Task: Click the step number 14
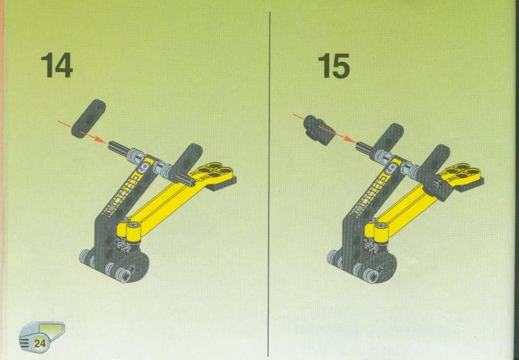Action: coord(57,66)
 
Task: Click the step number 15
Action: coord(334,66)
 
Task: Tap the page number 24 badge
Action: coord(40,343)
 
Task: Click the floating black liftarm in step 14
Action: coord(89,118)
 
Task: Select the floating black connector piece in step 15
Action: coord(319,130)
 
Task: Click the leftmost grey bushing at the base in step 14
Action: coord(85,256)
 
